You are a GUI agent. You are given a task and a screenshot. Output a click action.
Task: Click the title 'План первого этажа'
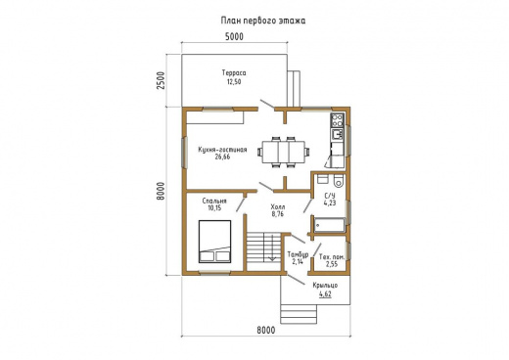pyautogui.click(x=263, y=21)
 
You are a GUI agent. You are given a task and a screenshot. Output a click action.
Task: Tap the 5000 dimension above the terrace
pyautogui.click(x=234, y=36)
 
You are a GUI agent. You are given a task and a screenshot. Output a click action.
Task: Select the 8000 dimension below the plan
pyautogui.click(x=266, y=330)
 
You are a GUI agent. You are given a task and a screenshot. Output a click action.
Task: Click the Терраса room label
pyautogui.click(x=234, y=72)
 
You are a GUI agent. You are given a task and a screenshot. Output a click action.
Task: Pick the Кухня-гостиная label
pyautogui.click(x=222, y=150)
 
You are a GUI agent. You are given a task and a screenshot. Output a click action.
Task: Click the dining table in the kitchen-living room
pyautogui.click(x=283, y=152)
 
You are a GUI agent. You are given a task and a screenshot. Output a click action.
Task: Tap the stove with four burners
pyautogui.click(x=338, y=119)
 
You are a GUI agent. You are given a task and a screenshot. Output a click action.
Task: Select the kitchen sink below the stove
pyautogui.click(x=338, y=134)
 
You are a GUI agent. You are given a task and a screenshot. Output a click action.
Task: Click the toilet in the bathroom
pyautogui.click(x=339, y=181)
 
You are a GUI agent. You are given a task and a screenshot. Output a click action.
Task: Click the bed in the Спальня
pyautogui.click(x=215, y=242)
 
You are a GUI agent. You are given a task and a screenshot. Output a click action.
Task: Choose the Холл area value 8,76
pyautogui.click(x=278, y=214)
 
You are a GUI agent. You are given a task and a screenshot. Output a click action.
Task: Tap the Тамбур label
pyautogui.click(x=298, y=254)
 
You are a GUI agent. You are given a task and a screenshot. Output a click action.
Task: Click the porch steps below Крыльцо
pyautogui.click(x=299, y=314)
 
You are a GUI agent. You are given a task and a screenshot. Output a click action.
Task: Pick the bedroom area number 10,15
pyautogui.click(x=214, y=208)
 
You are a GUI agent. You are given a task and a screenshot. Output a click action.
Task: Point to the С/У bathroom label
pyautogui.click(x=330, y=196)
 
